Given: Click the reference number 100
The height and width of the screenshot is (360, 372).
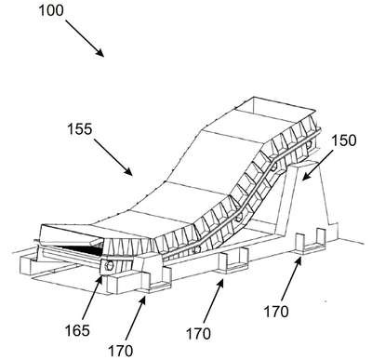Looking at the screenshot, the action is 51,10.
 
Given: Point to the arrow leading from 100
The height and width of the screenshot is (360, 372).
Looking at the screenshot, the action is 85,38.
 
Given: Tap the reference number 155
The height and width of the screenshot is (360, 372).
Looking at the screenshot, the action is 80,129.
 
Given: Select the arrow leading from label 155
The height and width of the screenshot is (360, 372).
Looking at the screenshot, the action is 113,157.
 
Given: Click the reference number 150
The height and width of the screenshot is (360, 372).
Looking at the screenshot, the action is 344,140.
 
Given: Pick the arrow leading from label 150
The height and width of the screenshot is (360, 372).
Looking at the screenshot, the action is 317,165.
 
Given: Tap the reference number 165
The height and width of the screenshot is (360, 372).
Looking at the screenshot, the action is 77,330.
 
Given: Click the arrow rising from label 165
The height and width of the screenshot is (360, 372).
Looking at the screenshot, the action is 93,297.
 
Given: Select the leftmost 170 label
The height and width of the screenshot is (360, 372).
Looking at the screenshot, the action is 120,351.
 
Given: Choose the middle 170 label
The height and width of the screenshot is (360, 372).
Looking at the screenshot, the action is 198,334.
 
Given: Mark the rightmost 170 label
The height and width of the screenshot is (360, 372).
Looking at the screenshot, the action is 276,312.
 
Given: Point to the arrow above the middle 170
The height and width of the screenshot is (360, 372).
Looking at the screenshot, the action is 213,300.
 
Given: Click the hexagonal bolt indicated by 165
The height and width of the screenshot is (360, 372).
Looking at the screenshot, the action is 109,266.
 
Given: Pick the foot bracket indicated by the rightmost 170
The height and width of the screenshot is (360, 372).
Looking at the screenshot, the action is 311,242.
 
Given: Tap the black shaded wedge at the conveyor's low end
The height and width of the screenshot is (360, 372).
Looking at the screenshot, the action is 81,247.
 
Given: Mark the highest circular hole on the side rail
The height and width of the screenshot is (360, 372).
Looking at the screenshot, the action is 309,144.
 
